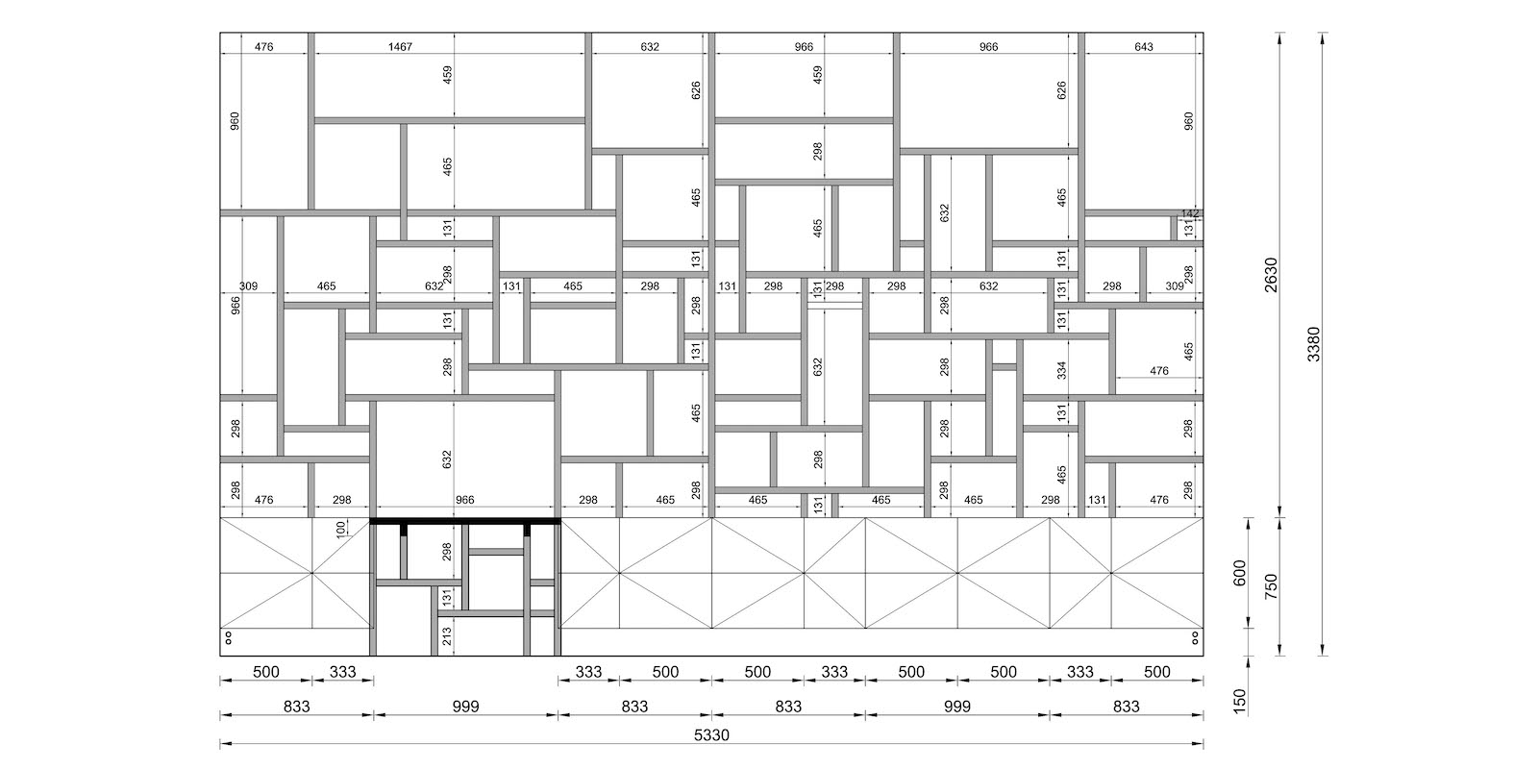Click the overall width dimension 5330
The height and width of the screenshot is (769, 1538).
711,735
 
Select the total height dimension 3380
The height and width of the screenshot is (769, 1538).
1313,344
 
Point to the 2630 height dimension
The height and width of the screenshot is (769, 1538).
1271,275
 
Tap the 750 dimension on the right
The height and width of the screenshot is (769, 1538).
1271,586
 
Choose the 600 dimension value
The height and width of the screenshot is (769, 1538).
1239,573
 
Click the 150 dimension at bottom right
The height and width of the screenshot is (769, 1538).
1239,702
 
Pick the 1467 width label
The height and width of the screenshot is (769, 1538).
400,47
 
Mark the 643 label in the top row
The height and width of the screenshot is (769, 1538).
1144,47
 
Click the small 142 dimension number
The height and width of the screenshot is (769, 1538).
1190,213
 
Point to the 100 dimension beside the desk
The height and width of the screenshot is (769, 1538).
341,529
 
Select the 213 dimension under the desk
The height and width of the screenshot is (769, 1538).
447,637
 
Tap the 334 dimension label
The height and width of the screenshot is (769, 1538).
1061,371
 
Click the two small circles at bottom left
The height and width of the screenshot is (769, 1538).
228,638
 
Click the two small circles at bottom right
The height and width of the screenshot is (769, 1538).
1196,638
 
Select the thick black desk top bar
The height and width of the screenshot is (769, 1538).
465,521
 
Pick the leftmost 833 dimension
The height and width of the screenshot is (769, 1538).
297,706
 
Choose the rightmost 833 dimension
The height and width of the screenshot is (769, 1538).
1126,706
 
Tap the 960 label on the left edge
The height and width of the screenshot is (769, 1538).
235,121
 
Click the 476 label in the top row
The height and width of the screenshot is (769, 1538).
263,47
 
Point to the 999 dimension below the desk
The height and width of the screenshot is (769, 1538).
465,706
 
